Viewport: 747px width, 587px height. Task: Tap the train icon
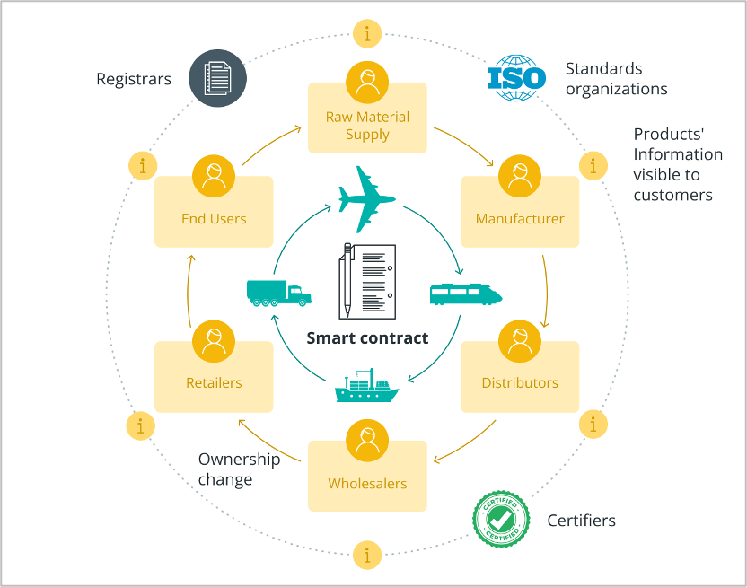465,293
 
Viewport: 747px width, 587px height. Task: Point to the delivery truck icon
278,293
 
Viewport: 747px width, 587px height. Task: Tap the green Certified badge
500,518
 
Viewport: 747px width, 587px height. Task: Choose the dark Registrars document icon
217,77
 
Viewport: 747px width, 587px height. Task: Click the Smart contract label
367,338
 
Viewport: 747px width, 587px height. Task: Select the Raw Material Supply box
367,125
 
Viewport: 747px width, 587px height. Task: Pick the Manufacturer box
519,218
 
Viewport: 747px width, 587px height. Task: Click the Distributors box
519,381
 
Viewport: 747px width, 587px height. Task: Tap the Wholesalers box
367,483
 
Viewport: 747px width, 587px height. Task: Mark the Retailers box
214,381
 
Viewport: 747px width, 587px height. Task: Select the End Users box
214,218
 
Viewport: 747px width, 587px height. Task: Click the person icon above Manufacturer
519,177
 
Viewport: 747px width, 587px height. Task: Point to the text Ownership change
239,469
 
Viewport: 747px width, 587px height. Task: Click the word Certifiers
582,521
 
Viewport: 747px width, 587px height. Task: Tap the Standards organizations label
616,79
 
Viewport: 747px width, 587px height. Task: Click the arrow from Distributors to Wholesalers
467,444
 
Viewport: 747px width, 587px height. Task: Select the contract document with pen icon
366,280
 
